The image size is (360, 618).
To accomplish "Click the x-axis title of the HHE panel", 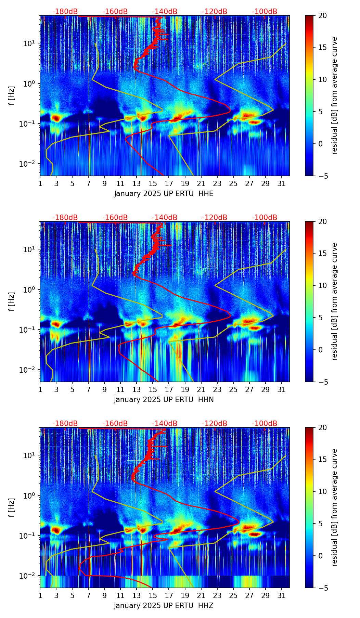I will coord(164,194).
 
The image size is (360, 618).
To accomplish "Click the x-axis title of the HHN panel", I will coord(164,400).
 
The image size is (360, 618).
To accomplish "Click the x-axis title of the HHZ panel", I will coord(164,606).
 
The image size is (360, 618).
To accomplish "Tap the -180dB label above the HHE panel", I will coord(65,12).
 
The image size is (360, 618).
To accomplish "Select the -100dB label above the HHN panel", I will coord(265,218).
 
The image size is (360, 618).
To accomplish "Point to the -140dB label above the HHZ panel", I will coord(165,424).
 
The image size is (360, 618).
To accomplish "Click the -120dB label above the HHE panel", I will coord(215,12).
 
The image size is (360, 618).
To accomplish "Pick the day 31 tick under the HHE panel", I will coord(282,183).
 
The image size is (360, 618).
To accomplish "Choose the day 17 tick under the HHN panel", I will coord(169,389).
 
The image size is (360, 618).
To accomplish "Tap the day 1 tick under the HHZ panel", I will coord(40,595).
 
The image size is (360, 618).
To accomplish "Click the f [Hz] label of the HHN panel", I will coord(12,301).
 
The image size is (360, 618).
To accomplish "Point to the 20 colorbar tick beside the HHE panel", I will coord(322,15).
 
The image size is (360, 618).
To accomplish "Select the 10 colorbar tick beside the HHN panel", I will coord(322,285).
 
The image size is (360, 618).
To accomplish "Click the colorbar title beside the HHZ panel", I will coord(334,507).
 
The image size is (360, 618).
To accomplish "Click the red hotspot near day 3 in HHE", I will coord(56,118).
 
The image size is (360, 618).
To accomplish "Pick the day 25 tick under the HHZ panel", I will coord(233,595).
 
